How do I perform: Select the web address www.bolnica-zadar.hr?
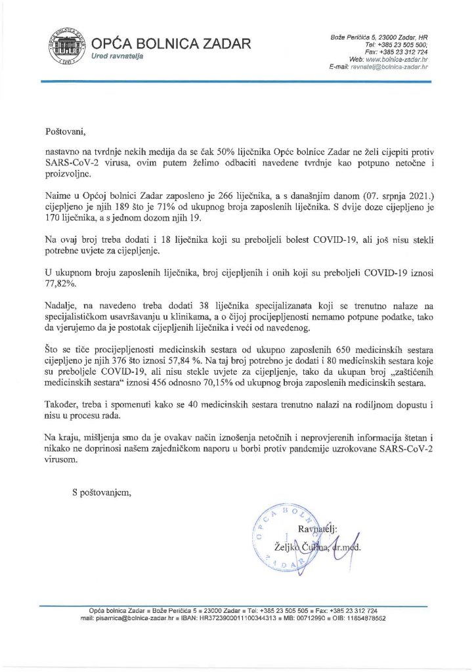401,59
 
